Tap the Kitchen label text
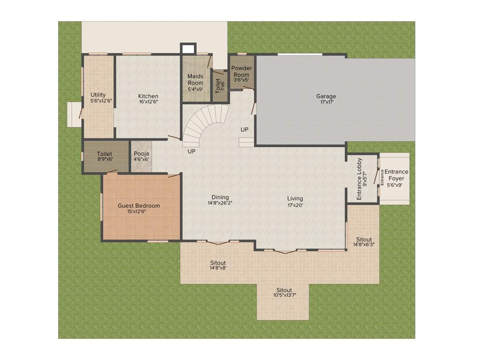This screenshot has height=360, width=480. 148,97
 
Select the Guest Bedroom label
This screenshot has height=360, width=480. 139,206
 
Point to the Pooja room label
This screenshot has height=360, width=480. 141,154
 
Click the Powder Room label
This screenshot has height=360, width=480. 241,71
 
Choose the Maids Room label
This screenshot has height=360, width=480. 195,80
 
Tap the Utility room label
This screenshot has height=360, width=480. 98,95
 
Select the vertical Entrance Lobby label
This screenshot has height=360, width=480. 360,180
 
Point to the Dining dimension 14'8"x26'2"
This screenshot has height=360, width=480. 220,203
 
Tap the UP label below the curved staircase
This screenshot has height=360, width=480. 191,151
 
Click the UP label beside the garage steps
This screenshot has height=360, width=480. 245,129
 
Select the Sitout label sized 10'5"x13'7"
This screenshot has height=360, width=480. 285,290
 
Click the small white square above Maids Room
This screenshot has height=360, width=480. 188,49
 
